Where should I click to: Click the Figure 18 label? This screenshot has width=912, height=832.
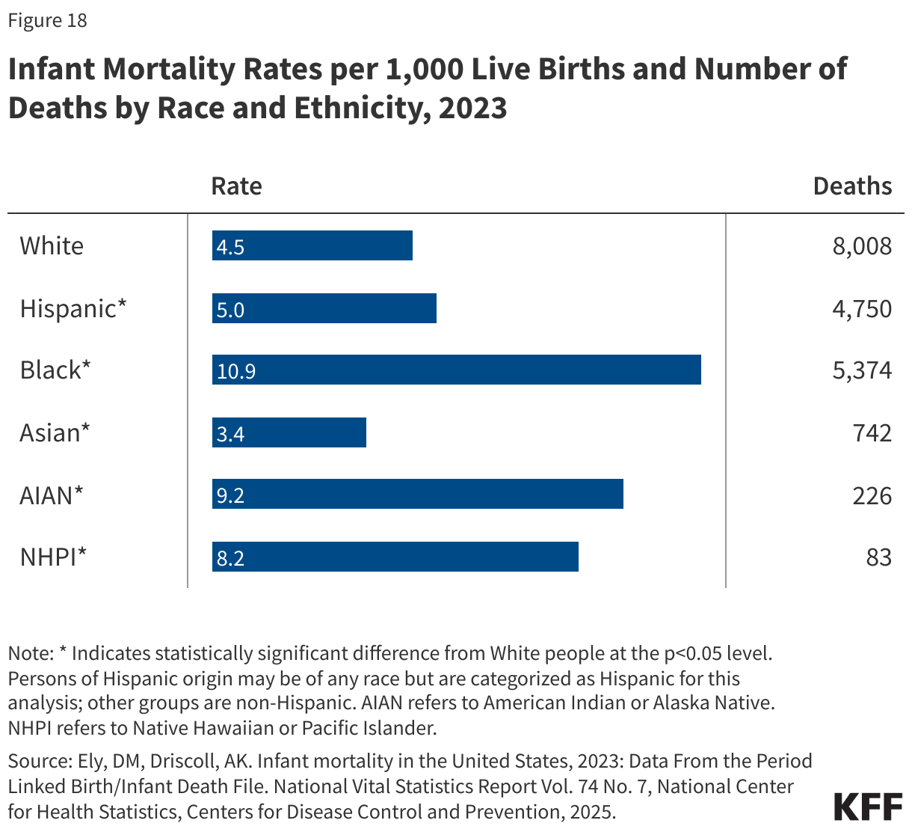coord(47,20)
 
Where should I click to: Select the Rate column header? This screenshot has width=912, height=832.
coord(236,186)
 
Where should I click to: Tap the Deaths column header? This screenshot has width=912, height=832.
coord(852,186)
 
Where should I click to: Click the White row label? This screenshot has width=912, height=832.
coord(52,245)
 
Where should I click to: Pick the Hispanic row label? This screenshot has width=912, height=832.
coord(73,308)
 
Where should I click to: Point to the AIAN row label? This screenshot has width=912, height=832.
coord(52,495)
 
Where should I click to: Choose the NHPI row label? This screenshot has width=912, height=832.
coord(53,557)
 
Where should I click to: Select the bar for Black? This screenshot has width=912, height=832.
coord(456,370)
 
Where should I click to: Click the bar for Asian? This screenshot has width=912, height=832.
coord(289,432)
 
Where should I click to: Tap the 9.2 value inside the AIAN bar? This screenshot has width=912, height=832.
coord(230,495)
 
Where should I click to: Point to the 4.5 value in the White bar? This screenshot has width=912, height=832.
coord(230,247)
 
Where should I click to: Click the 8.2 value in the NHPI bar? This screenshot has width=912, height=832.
coord(230,558)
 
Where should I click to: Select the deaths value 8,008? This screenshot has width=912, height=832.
coord(862,246)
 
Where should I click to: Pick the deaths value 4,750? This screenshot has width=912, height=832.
coord(862,308)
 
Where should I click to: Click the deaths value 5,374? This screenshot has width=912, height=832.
coord(862,370)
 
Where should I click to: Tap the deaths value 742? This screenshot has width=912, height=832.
coord(872,432)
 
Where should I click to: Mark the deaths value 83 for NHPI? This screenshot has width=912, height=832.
coord(879,557)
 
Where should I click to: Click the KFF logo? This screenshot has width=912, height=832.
coord(868,807)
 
